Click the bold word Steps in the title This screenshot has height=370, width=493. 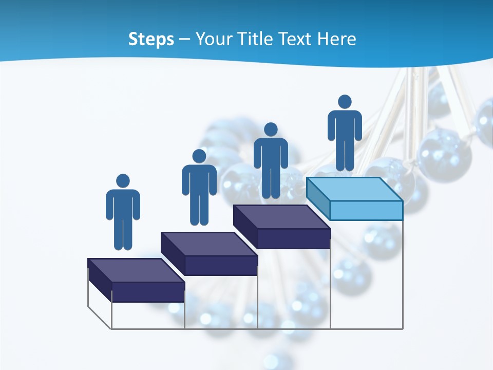click(x=151, y=39)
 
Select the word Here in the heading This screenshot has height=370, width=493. click(x=337, y=39)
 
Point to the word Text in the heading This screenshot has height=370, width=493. click(x=296, y=39)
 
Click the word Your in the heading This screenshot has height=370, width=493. click(x=214, y=39)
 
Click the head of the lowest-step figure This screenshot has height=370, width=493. click(x=123, y=181)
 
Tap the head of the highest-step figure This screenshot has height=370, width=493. click(x=345, y=102)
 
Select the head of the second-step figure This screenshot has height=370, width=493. click(x=199, y=156)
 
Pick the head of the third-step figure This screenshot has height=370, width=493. click(x=271, y=129)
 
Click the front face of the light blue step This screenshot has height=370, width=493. click(x=366, y=210)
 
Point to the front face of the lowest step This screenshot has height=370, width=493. click(x=148, y=291)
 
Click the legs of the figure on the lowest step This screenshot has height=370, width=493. click(x=123, y=234)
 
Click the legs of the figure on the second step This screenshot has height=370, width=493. click(x=199, y=208)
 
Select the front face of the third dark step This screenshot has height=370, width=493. click(x=293, y=238)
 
